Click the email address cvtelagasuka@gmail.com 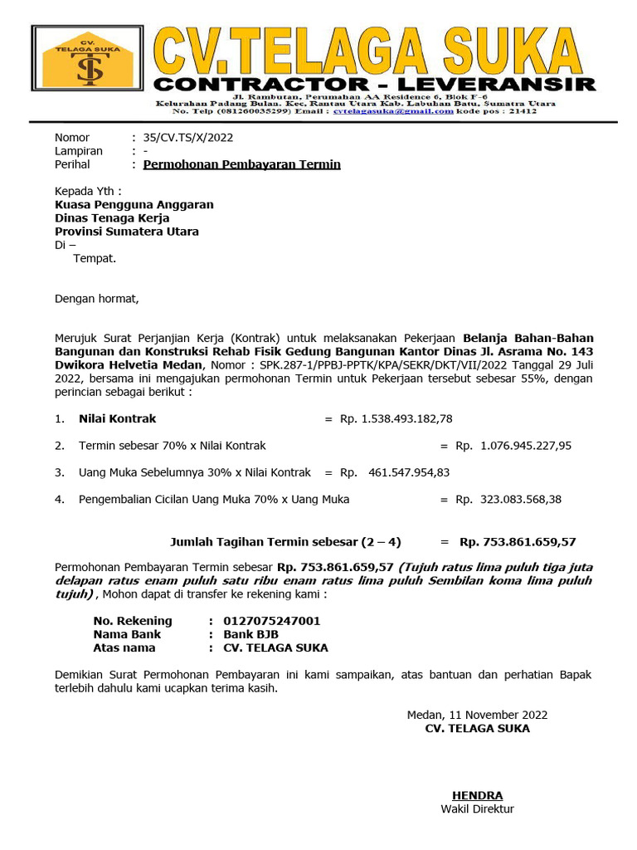pos(393,110)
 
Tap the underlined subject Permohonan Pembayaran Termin pos(241,164)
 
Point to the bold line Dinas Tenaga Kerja pos(112,218)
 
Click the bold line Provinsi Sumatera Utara pos(126,232)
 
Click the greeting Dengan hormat pos(97,299)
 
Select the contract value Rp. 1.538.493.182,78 pos(396,418)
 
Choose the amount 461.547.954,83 pos(409,472)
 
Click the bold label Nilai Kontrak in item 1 pos(117,418)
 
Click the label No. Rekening pos(133,621)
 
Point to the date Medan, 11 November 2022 pos(477,715)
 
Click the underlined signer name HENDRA pos(477,795)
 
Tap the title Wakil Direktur pos(477,808)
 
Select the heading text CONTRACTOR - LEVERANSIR pos(375,84)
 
